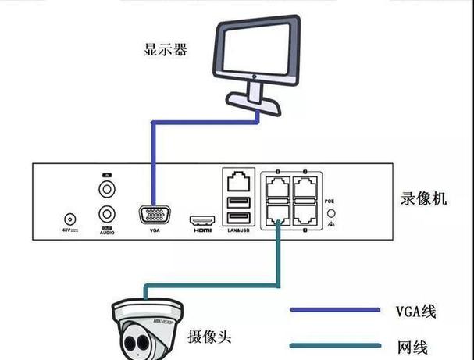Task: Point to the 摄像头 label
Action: [x=208, y=337]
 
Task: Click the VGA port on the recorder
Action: [x=153, y=216]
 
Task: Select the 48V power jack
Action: [x=72, y=221]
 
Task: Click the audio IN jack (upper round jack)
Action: [x=107, y=189]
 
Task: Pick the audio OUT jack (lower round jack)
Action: [x=107, y=215]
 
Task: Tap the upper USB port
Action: [x=237, y=204]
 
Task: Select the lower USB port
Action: [x=237, y=220]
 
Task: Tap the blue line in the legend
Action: [x=327, y=311]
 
